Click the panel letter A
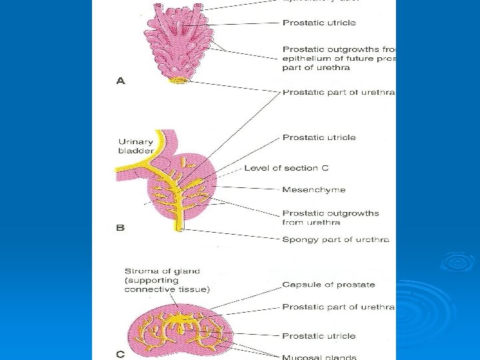(121, 81)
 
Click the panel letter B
(121, 227)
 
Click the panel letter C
(121, 354)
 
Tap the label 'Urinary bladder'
(136, 146)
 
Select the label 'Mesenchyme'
(314, 190)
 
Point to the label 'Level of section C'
(286, 168)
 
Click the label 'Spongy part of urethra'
(335, 239)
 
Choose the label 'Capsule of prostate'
(329, 285)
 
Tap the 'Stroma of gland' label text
(162, 271)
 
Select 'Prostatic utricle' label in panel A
(319, 23)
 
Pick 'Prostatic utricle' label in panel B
(319, 137)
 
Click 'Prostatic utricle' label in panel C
(319, 336)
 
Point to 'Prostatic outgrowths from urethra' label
(331, 217)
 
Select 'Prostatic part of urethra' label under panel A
(339, 92)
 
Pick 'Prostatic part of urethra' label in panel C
(338, 307)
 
